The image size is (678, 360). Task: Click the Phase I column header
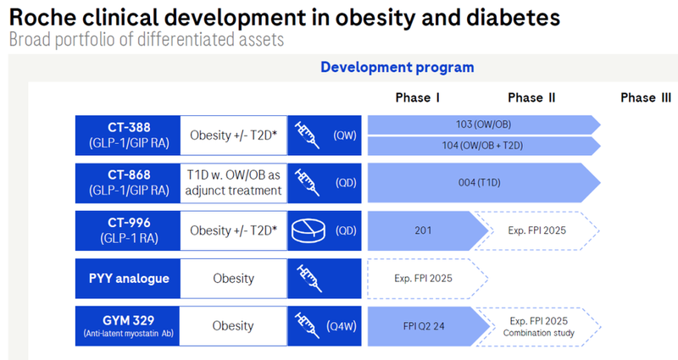418,97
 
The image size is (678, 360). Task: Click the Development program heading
397,67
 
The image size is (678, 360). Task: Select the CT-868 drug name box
127,182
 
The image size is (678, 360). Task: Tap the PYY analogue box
127,278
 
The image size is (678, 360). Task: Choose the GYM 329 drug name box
127,326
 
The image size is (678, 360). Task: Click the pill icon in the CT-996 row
308,230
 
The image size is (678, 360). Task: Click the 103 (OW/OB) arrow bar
483,125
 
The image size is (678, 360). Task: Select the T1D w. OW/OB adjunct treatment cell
233,182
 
